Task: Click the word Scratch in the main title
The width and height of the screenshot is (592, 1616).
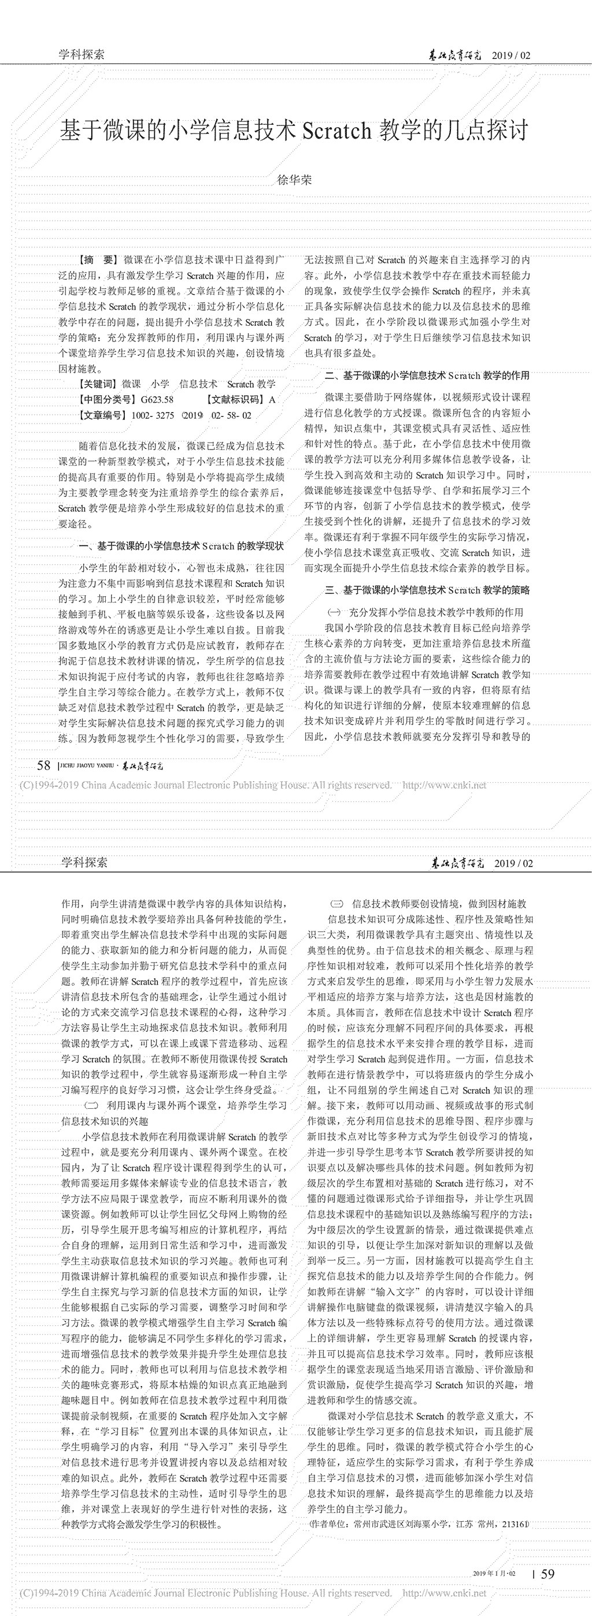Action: coord(337,131)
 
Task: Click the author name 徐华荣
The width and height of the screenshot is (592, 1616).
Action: coord(294,180)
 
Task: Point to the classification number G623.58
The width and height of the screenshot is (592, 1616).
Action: coord(157,400)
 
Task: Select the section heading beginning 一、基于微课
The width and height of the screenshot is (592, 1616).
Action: coord(182,547)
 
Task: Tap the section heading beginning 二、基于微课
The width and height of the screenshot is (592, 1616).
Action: coord(427,376)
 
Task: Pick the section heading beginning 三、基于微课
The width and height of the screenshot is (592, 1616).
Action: coord(427,590)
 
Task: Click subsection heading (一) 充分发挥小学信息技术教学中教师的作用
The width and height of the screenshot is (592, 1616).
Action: coord(426,612)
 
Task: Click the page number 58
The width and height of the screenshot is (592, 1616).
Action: coord(43,765)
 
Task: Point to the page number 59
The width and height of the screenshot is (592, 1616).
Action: coord(547,1573)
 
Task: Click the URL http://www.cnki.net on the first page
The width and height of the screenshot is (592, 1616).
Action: coord(444,785)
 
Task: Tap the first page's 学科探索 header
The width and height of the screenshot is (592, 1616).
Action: coord(82,54)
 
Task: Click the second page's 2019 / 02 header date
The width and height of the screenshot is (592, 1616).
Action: coord(513,863)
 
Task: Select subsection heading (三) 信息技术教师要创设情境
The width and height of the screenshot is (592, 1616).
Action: coord(429,904)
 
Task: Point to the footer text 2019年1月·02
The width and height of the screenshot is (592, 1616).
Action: coord(494,1573)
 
